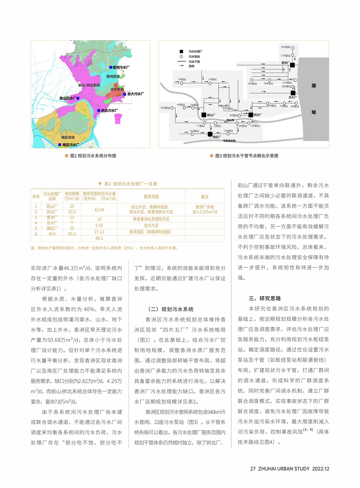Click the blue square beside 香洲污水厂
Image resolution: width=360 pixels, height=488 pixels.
click(111, 67)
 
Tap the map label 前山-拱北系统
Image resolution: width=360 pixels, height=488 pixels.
click(89, 85)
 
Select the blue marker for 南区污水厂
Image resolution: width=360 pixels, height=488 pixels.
click(60, 145)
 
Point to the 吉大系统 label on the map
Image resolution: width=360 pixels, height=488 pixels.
click(117, 89)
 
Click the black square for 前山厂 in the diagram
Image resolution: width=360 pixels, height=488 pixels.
click(204, 115)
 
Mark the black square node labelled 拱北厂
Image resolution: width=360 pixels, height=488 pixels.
click(250, 115)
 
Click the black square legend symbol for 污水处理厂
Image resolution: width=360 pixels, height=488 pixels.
click(181, 51)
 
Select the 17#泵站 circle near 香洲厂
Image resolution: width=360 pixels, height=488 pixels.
click(293, 55)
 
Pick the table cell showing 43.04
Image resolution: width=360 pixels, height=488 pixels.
click(99, 210)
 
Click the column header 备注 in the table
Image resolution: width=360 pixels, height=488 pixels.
click(205, 197)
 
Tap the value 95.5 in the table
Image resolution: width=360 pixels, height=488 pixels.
click(72, 234)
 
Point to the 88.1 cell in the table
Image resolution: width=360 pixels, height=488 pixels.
click(99, 238)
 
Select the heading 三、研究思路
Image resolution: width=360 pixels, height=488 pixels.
click(265, 298)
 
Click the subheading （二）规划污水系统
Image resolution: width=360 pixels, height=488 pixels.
click(171, 309)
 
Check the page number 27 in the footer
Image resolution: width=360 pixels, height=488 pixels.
click(253, 468)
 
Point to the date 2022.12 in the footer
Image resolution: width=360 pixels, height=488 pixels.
click(321, 468)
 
